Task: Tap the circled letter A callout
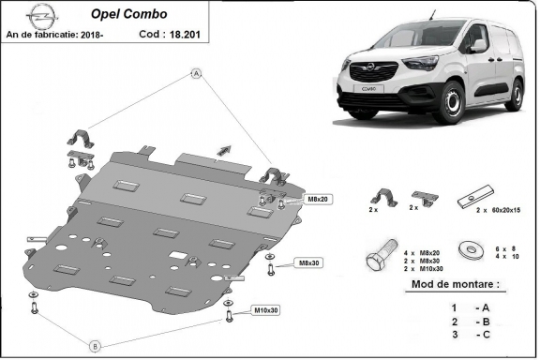tap(197, 73)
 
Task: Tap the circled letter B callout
tap(94, 346)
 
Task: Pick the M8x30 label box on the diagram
tap(307, 262)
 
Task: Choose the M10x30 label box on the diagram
tap(266, 310)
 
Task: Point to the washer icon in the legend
tap(466, 250)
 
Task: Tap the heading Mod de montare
tap(455, 284)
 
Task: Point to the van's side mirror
tap(478, 45)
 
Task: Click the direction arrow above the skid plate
tap(223, 148)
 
